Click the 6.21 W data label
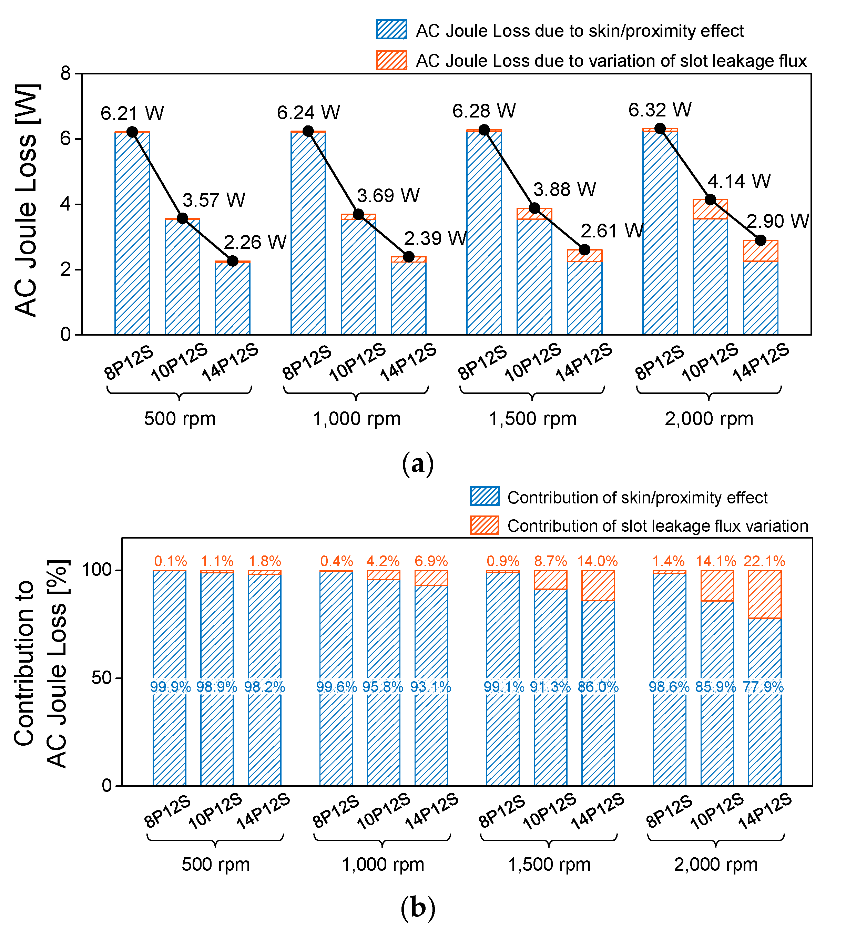coord(132,113)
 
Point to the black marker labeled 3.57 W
coord(182,218)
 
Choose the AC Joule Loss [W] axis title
coord(26,201)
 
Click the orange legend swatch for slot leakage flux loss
coord(391,60)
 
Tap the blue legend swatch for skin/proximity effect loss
coord(391,30)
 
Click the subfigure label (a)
coord(418,463)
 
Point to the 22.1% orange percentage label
coord(764,561)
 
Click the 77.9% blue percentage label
coord(763,687)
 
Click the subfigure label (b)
coord(418,908)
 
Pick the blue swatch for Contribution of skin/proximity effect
coord(485,497)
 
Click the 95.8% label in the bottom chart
coord(383,687)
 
